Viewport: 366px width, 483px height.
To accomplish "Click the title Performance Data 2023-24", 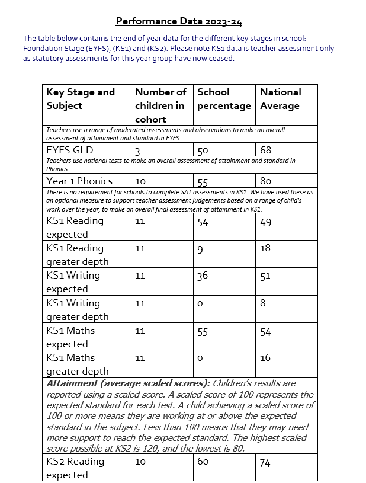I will (179, 21).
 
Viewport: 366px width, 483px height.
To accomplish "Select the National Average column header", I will (280, 99).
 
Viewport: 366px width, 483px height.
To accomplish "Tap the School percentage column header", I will (224, 99).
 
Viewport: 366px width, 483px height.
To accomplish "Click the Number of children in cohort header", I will (160, 105).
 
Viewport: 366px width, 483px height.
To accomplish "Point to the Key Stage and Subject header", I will (81, 99).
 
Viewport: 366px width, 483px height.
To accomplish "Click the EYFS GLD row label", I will (70, 150).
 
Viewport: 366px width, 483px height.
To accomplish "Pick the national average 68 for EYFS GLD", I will (265, 150).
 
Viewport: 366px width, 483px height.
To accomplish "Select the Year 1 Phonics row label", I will (79, 181).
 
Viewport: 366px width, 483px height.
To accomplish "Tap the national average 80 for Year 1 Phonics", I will (265, 181).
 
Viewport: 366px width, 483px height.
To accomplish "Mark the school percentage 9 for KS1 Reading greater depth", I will (200, 250).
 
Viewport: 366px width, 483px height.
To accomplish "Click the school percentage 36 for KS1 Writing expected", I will (203, 276).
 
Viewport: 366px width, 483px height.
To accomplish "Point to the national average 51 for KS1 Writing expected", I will (265, 276).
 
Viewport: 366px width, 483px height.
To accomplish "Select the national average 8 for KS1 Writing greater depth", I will (262, 303).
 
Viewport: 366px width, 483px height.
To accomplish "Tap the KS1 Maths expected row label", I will (70, 337).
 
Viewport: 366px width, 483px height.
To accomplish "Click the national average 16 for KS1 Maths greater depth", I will (265, 358).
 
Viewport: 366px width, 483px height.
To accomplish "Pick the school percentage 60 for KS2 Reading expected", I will (203, 462).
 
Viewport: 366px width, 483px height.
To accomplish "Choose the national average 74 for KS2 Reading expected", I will (265, 463).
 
